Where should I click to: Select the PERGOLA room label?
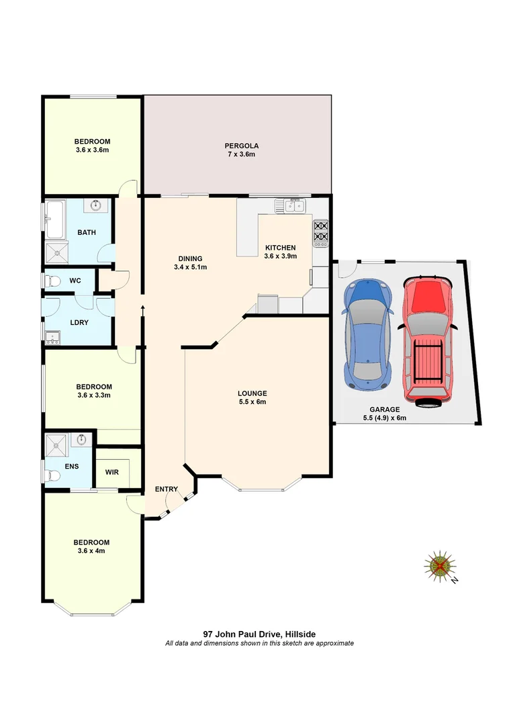(x=242, y=146)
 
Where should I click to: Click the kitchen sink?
(x=291, y=205)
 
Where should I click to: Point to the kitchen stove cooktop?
(x=320, y=231)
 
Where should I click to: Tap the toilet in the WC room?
(x=52, y=281)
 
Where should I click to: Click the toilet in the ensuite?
(x=53, y=475)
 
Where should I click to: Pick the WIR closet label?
(x=112, y=472)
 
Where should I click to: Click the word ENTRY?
(x=166, y=489)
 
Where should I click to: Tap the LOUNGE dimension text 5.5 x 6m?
(x=252, y=402)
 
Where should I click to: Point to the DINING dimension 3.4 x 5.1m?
(x=190, y=267)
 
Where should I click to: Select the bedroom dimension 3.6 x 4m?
(x=91, y=550)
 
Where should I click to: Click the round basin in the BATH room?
(x=97, y=205)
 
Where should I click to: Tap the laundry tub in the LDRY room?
(x=51, y=336)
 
